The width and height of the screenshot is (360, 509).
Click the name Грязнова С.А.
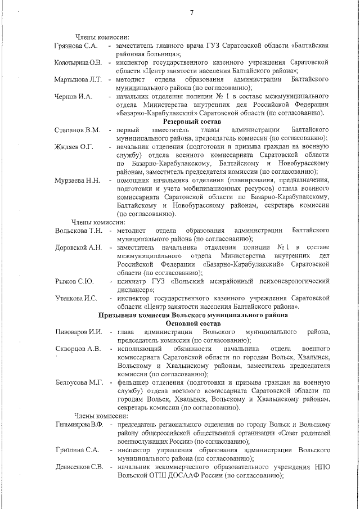tap(76, 44)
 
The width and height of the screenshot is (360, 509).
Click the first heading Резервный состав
tap(192, 121)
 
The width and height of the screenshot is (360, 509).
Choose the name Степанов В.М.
tap(78, 130)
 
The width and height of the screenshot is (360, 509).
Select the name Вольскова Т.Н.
tap(79, 231)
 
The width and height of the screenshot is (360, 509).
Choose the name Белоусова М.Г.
tap(79, 382)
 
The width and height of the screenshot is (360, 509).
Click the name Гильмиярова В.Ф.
tap(79, 424)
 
